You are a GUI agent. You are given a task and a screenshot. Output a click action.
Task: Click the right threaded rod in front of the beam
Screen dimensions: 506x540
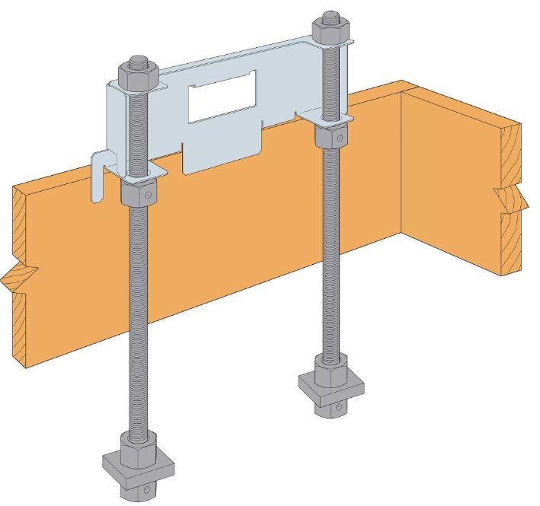331,251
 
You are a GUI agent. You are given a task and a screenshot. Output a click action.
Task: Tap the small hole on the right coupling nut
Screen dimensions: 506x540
341,138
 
